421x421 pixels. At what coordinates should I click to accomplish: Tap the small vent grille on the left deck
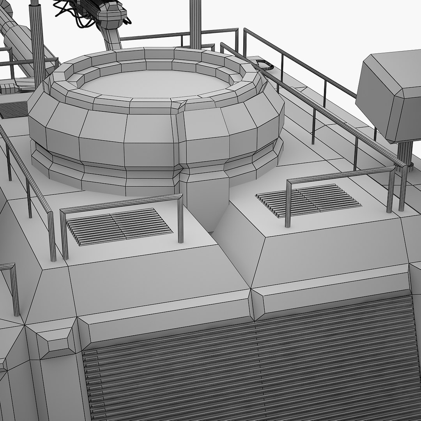tap(119, 226)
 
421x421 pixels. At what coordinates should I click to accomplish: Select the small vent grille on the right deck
tap(308, 200)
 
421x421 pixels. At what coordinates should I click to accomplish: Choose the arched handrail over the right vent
tap(339, 174)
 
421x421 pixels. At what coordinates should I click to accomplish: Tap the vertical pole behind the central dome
tap(195, 23)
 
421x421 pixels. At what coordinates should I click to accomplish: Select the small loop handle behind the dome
tap(264, 63)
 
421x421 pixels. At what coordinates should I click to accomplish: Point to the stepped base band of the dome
tap(117, 175)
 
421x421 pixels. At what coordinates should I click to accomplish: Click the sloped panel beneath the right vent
tap(331, 249)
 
